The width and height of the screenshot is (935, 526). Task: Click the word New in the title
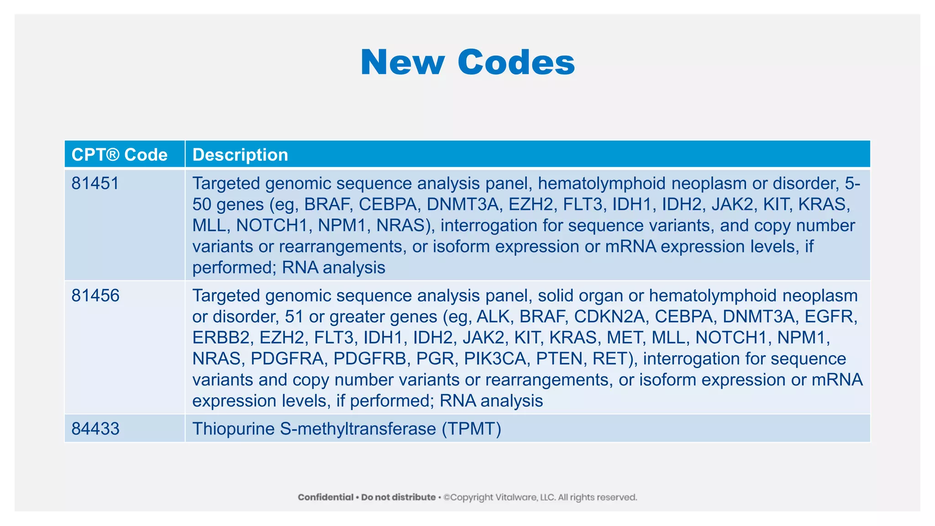(402, 63)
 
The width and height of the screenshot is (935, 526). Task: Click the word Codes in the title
(516, 63)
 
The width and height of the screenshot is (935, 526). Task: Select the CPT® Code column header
(120, 155)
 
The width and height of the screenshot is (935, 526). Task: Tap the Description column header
(240, 155)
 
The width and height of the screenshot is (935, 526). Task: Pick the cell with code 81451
(95, 184)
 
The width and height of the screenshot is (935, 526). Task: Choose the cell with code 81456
(95, 296)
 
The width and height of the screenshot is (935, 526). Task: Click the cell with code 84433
(95, 429)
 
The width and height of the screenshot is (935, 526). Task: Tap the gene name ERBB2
(221, 337)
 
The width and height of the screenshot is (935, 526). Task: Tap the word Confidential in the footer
(326, 497)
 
